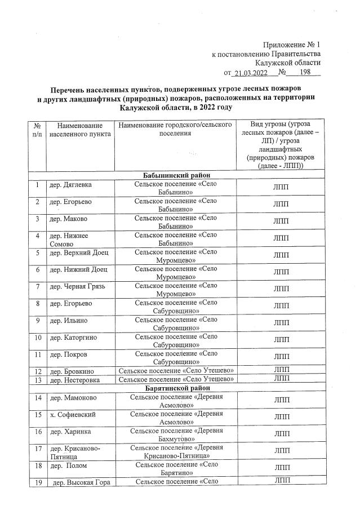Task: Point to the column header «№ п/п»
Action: (37, 131)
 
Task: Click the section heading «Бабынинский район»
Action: (177, 175)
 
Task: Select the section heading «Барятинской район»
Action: (177, 388)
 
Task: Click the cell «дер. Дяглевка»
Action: (70, 185)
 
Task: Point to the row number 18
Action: (37, 467)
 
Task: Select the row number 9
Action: (37, 321)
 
